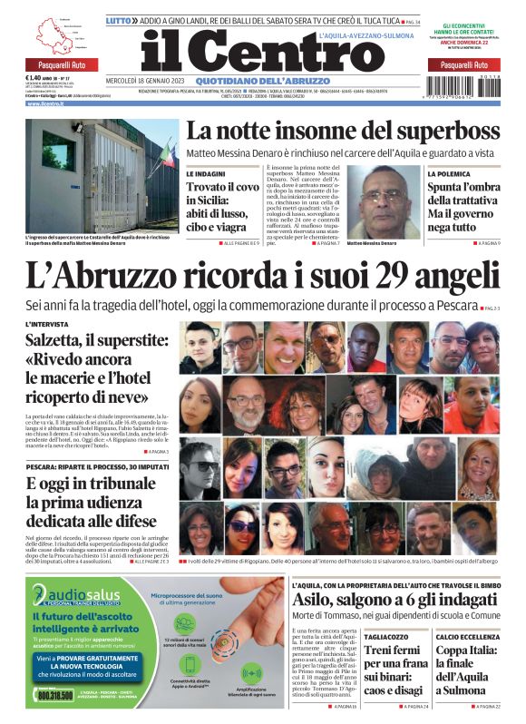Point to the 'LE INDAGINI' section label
[x=205, y=172]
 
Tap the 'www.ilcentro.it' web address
[x=46, y=103]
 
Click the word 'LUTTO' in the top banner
[x=119, y=19]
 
